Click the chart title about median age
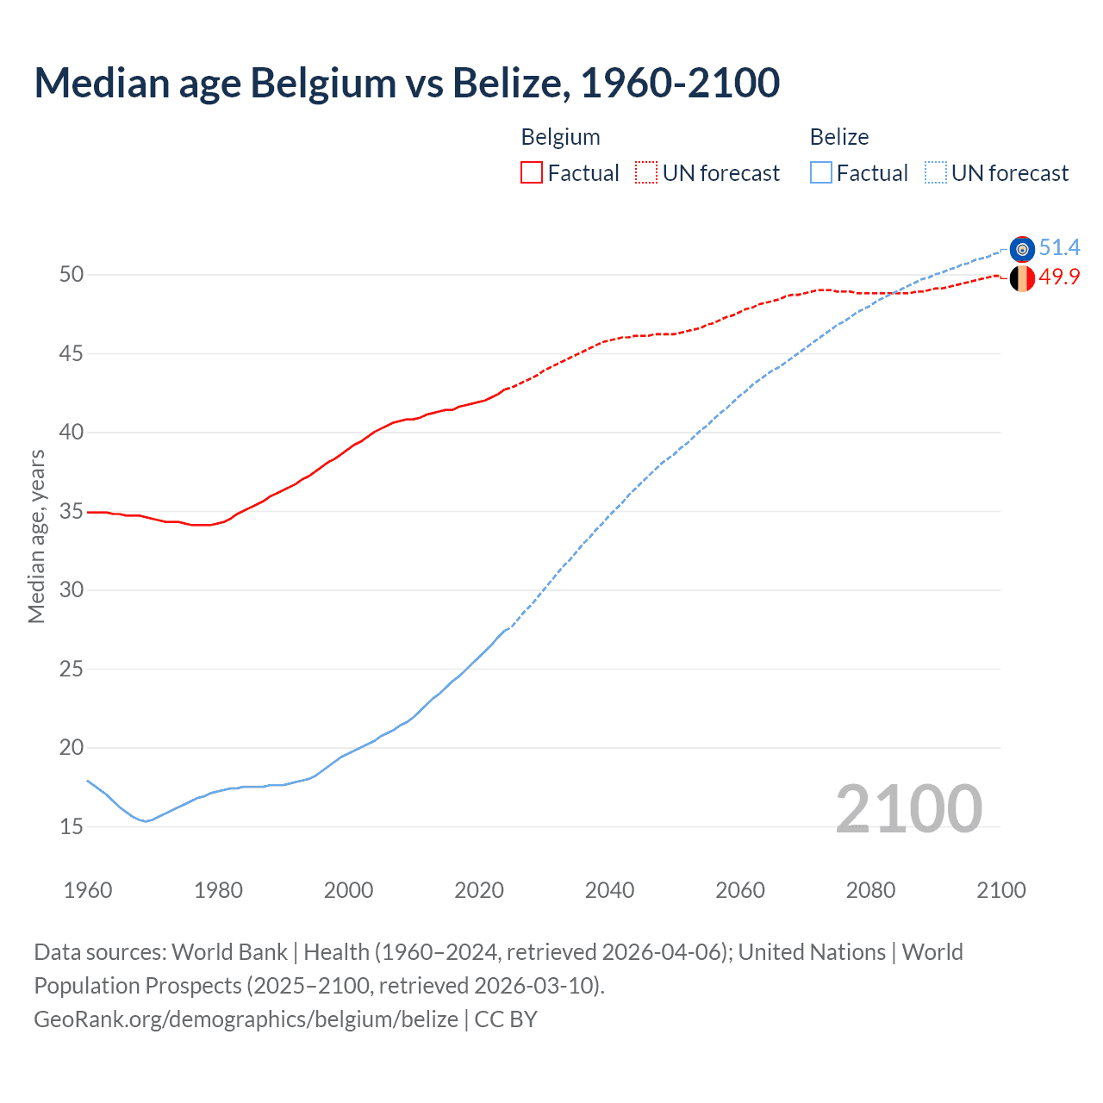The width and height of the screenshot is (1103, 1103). pos(407,83)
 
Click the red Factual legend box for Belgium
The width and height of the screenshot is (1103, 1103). pos(532,173)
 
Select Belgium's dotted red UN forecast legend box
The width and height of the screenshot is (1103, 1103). pos(646,173)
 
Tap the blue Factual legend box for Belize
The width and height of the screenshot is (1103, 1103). pos(821,173)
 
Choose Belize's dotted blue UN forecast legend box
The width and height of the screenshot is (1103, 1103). pos(936,173)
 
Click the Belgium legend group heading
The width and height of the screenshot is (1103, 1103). pos(560,137)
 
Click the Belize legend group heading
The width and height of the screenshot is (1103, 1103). pos(838,137)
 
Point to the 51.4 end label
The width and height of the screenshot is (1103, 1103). pos(1059,248)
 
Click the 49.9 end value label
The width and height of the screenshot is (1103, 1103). pos(1059,277)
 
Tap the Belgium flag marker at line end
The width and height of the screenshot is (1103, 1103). pos(1022,278)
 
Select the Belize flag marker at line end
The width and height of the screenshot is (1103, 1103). pos(1022,249)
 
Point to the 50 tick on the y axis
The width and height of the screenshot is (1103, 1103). pos(72,275)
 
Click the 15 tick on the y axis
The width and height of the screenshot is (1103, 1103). pos(72,827)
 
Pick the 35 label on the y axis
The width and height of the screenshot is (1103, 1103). pos(72,512)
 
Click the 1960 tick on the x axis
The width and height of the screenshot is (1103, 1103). pos(88,890)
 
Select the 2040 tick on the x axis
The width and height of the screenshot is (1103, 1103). pos(609,890)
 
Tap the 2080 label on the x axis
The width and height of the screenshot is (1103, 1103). pos(870,890)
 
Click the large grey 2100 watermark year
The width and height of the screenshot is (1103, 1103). pos(908,809)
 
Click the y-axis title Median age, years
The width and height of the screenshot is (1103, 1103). pos(36,536)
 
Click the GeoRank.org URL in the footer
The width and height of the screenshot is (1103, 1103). pos(246,1019)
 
